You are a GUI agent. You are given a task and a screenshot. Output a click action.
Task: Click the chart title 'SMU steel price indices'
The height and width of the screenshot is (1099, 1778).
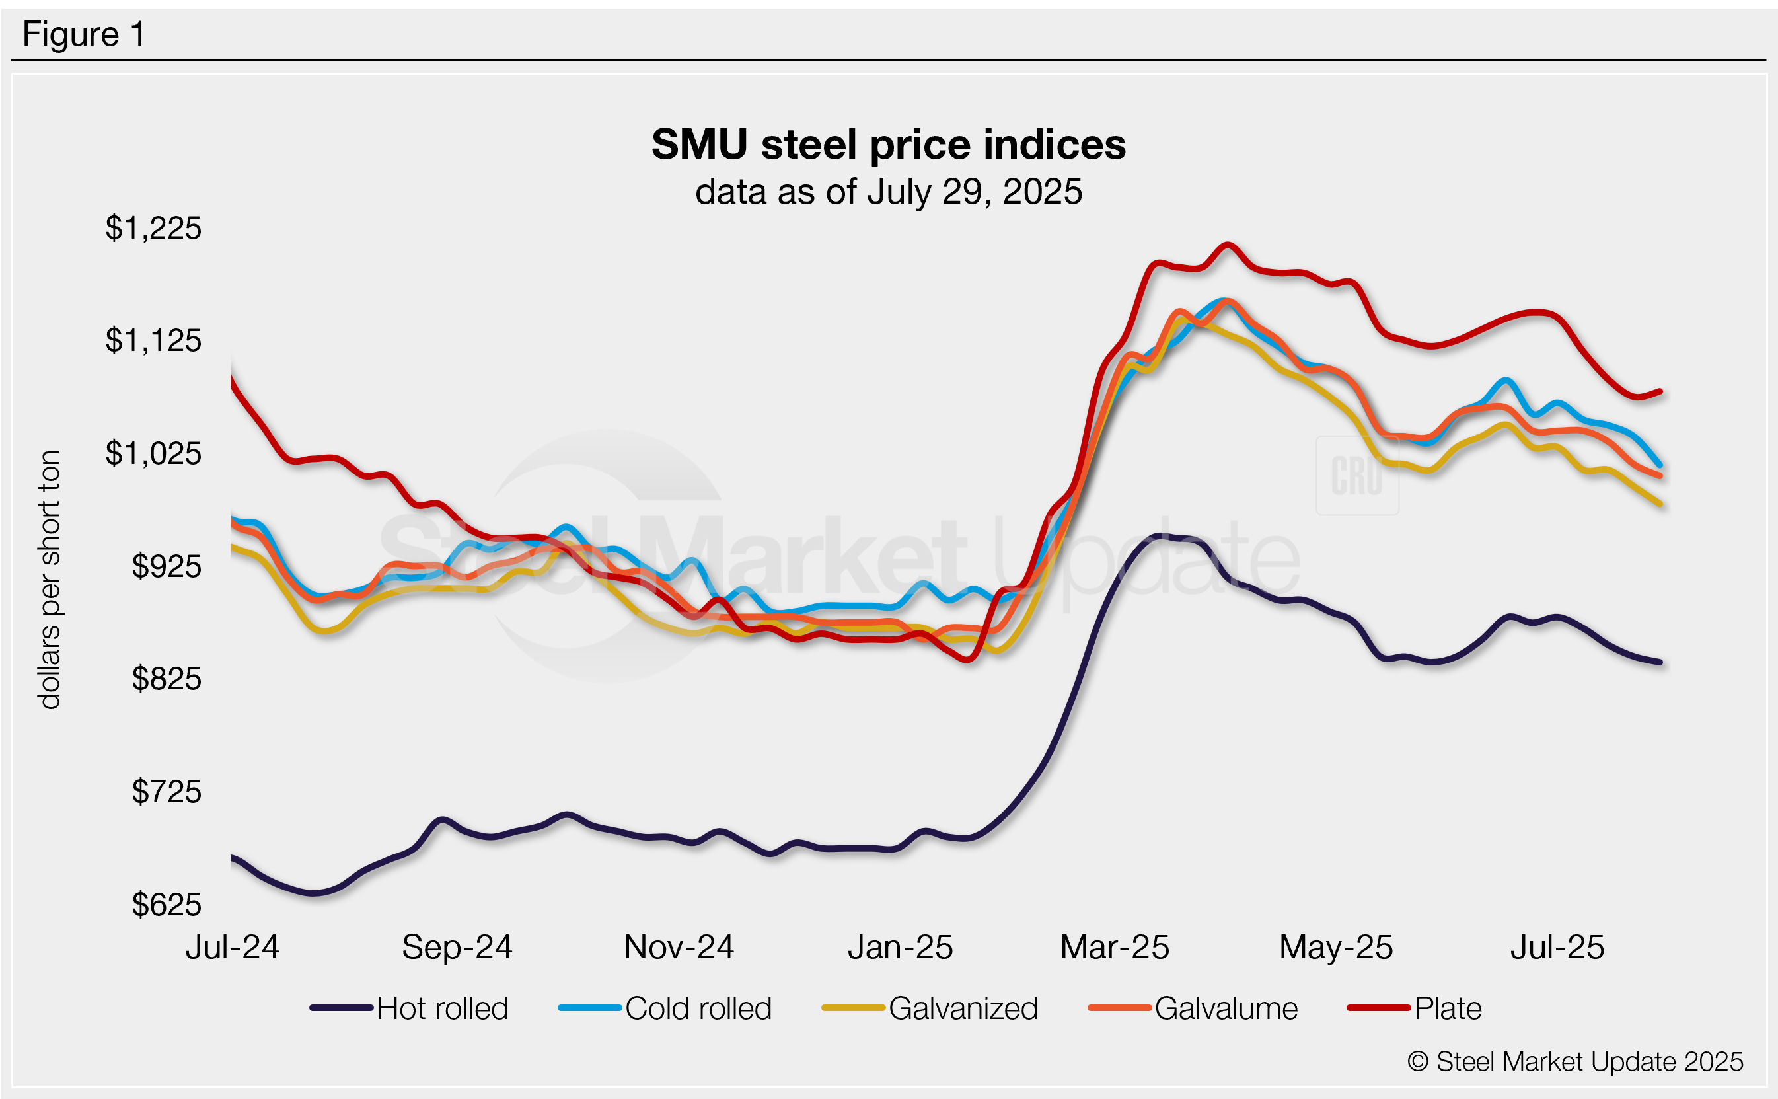pos(888,145)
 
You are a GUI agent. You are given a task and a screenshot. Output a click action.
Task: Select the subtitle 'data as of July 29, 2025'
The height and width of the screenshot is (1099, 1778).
pos(888,192)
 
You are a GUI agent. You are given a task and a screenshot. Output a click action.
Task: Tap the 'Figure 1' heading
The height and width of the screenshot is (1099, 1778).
pos(83,34)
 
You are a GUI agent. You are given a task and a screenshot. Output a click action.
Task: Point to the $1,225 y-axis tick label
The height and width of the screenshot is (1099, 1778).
pos(153,228)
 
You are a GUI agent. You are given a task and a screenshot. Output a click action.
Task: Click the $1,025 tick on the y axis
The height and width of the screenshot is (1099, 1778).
pos(153,453)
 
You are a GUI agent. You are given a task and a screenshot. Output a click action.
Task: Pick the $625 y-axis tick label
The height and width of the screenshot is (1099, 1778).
pos(167,905)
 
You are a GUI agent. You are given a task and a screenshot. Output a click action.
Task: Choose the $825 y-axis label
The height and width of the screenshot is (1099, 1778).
pos(167,679)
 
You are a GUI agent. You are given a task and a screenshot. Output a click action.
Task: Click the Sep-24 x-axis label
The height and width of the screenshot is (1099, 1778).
pos(457,947)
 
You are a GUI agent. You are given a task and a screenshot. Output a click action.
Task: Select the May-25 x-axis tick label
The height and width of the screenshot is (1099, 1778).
pos(1335,947)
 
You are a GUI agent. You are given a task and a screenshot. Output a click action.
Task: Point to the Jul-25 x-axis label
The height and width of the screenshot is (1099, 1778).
pos(1557,947)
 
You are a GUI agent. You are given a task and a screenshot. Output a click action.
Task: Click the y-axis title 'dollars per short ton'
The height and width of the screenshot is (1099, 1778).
pos(50,580)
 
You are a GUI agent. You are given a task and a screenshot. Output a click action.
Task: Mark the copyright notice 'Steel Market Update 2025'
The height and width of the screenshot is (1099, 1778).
pos(1574,1062)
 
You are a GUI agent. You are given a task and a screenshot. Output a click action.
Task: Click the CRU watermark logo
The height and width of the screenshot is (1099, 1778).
pos(1356,476)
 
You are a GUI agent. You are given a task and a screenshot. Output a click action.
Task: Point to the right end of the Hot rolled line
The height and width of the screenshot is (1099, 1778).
pos(1660,662)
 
